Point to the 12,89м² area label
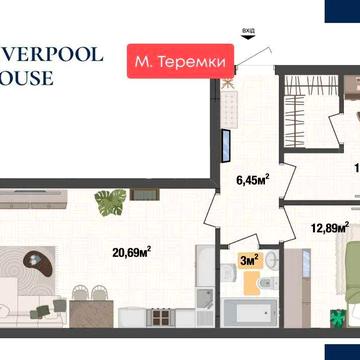pyautogui.click(x=328, y=227)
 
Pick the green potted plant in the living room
pyautogui.click(x=107, y=204)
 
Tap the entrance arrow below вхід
pyautogui.click(x=247, y=42)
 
